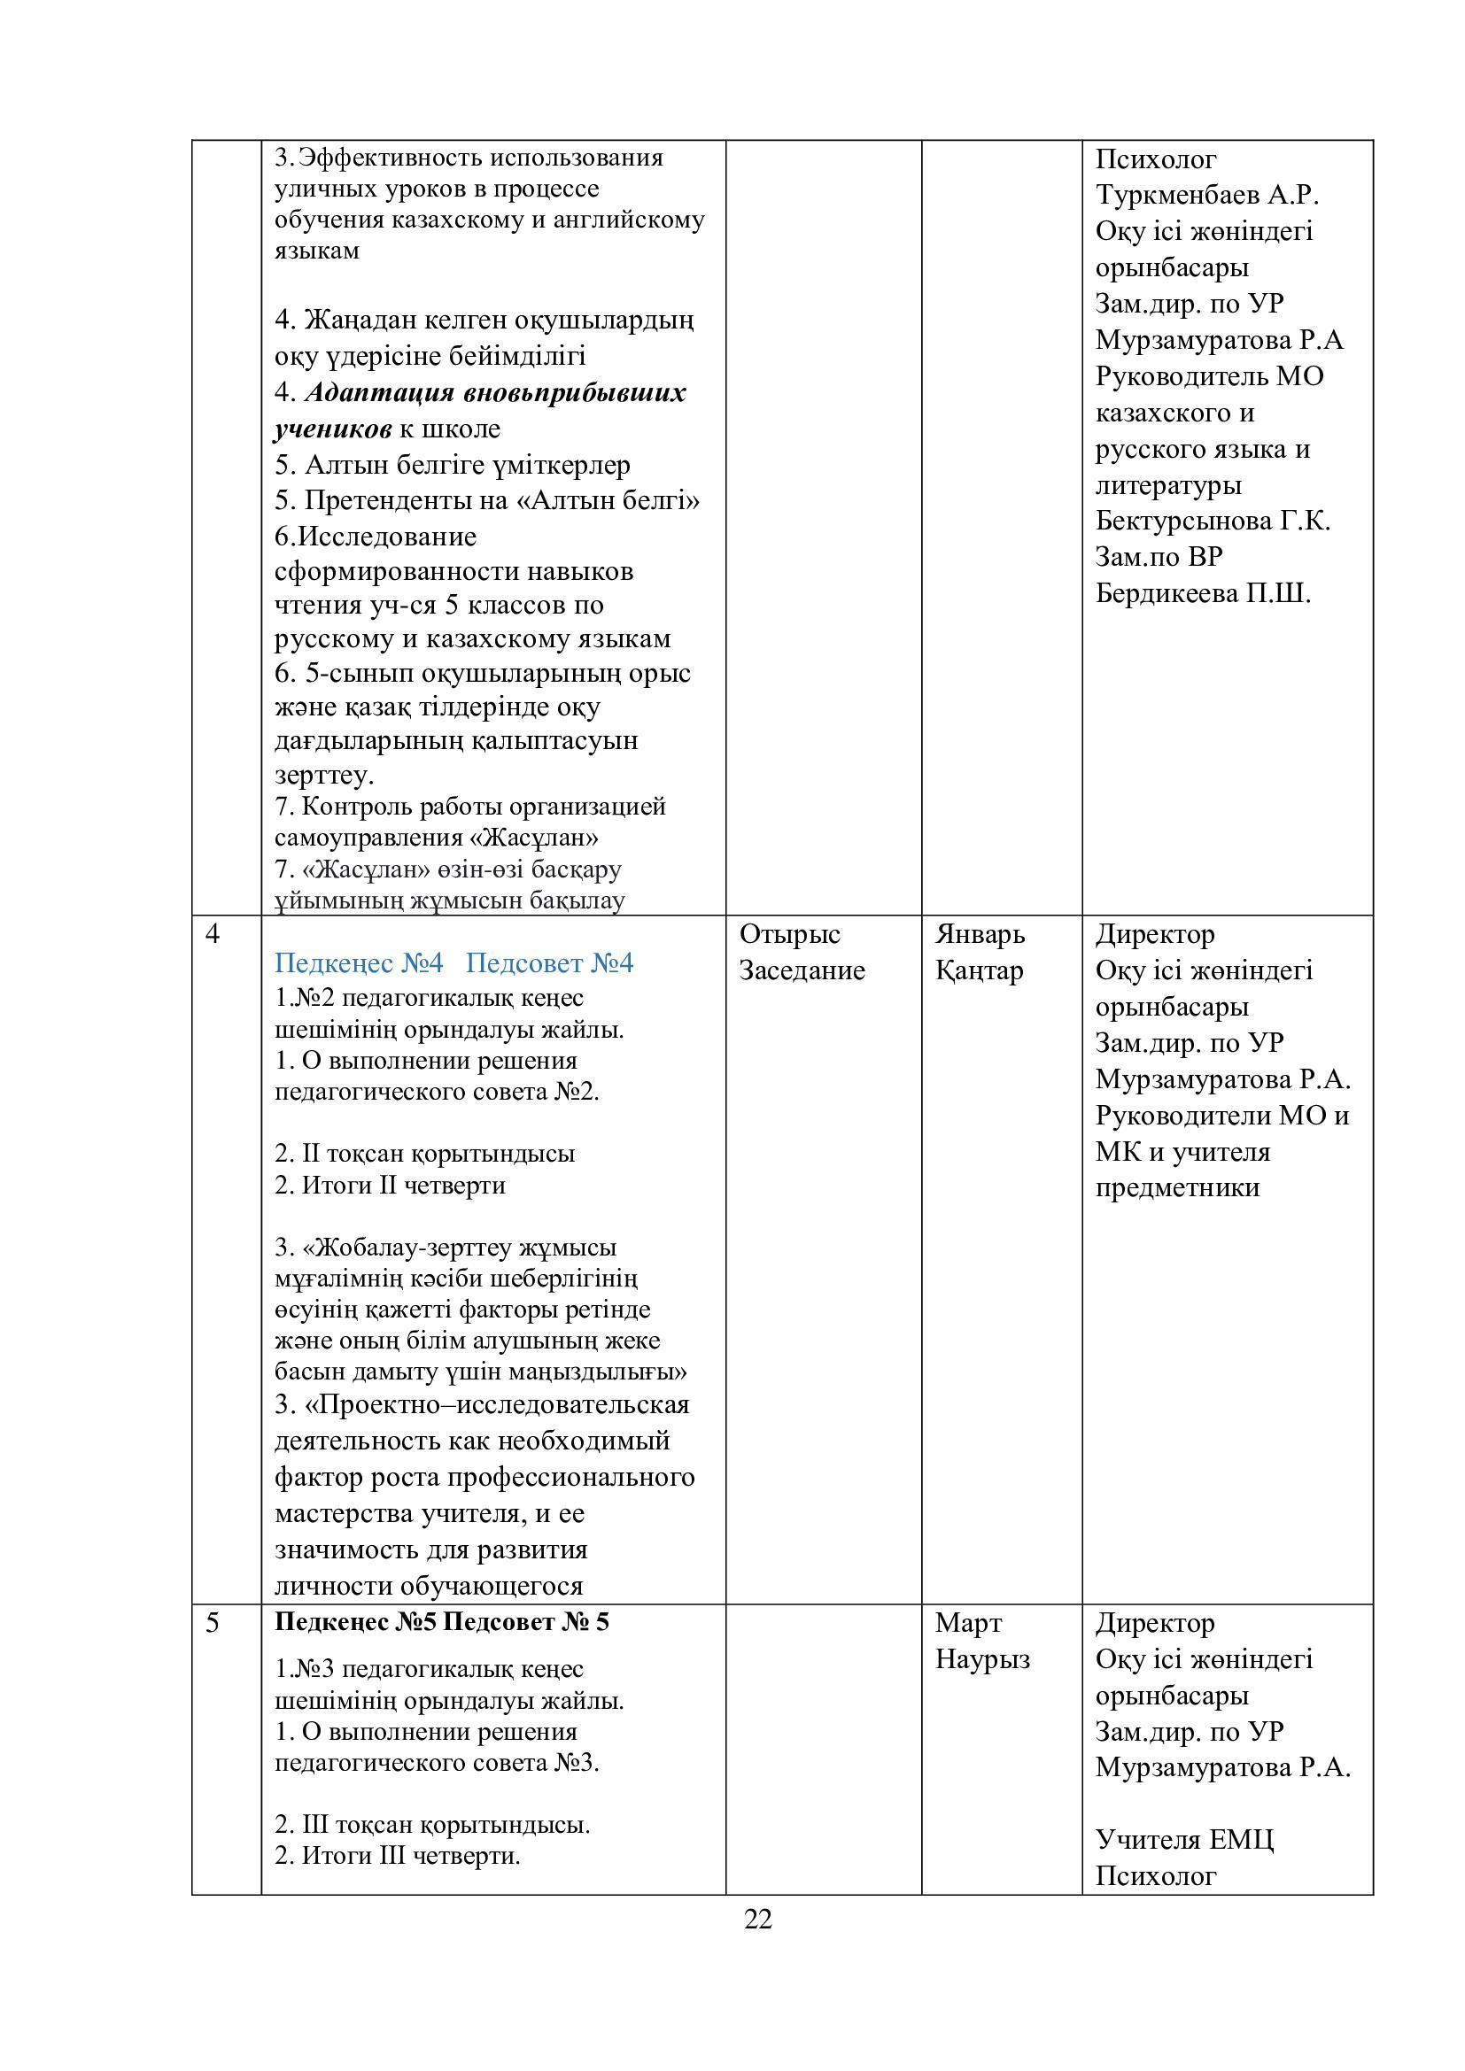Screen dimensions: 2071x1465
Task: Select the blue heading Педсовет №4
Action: pos(549,963)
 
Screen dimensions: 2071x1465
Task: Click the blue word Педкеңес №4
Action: pos(359,963)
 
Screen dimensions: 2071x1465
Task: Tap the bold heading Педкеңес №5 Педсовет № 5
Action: pos(441,1622)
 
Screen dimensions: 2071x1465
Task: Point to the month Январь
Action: pos(980,933)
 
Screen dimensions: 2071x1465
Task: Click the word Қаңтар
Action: pos(979,970)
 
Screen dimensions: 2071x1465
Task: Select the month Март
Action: pos(968,1623)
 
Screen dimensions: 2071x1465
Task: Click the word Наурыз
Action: pos(982,1658)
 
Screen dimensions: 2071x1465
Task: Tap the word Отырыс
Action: pos(789,933)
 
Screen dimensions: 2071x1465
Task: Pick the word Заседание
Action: pos(802,970)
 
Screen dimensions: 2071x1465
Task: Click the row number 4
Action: pos(212,933)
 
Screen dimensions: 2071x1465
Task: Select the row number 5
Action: pos(212,1623)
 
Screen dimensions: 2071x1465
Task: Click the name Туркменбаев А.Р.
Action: pos(1207,195)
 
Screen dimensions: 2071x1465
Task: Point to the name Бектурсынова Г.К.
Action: pos(1213,521)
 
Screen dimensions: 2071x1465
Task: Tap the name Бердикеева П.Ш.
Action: pos(1203,593)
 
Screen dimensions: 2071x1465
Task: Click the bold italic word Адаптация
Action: pos(380,393)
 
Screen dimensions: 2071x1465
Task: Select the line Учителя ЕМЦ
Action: pos(1184,1839)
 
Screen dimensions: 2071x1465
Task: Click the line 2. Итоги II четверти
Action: pos(390,1185)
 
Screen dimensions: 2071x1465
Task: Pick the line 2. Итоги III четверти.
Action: pos(397,1856)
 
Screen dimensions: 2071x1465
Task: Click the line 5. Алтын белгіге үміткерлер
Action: pos(452,465)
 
